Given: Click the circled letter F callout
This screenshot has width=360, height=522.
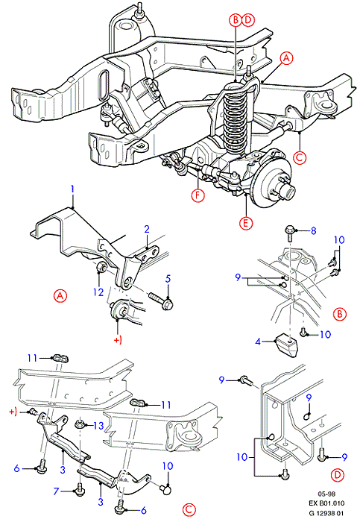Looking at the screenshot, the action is pos(198,195).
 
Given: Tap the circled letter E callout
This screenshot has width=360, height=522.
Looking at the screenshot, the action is pos(245,223).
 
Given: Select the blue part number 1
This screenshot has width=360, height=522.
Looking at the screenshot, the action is pos(72,189).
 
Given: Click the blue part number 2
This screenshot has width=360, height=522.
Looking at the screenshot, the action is pos(147,229).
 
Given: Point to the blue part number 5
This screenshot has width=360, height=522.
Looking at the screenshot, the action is pos(168,278).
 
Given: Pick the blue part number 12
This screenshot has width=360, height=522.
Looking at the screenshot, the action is pos(98,292).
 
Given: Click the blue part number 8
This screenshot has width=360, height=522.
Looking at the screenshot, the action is pos(313,230).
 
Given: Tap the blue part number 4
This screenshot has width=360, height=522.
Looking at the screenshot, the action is pos(258,342).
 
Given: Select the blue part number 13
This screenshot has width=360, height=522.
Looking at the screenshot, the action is pos(99,426).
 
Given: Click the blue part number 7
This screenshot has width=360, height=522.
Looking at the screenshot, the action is pos(56,491).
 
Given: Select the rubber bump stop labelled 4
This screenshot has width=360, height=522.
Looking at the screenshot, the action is pos(286,346).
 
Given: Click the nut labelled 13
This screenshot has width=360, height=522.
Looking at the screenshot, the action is pos(80,424).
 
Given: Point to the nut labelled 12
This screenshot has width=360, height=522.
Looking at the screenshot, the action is pos(101,267).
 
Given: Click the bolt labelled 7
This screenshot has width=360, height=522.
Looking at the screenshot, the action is pos(80,491).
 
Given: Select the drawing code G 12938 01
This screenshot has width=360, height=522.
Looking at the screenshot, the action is pos(326,513).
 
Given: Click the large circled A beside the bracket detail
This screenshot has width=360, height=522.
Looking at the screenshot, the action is pos(60,295).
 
